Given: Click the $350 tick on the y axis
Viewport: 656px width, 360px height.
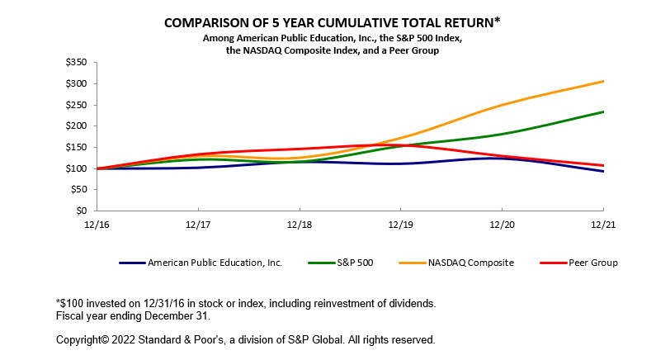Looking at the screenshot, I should (x=78, y=62).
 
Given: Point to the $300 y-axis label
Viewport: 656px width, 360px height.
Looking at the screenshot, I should (x=78, y=83).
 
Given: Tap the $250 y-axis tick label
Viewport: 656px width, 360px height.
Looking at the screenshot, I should (x=78, y=104).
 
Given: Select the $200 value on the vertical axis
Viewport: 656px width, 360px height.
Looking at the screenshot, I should (x=78, y=126).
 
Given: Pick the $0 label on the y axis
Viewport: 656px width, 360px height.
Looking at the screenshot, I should (x=83, y=211).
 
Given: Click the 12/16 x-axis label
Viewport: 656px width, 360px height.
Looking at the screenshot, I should (x=97, y=224).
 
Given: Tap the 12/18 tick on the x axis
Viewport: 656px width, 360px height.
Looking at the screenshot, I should (x=300, y=224).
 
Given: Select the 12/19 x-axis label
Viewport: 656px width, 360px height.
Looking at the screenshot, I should (x=401, y=224).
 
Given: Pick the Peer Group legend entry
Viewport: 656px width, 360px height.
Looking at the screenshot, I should (x=592, y=263).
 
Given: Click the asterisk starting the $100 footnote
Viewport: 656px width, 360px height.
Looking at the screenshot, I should (x=59, y=302).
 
